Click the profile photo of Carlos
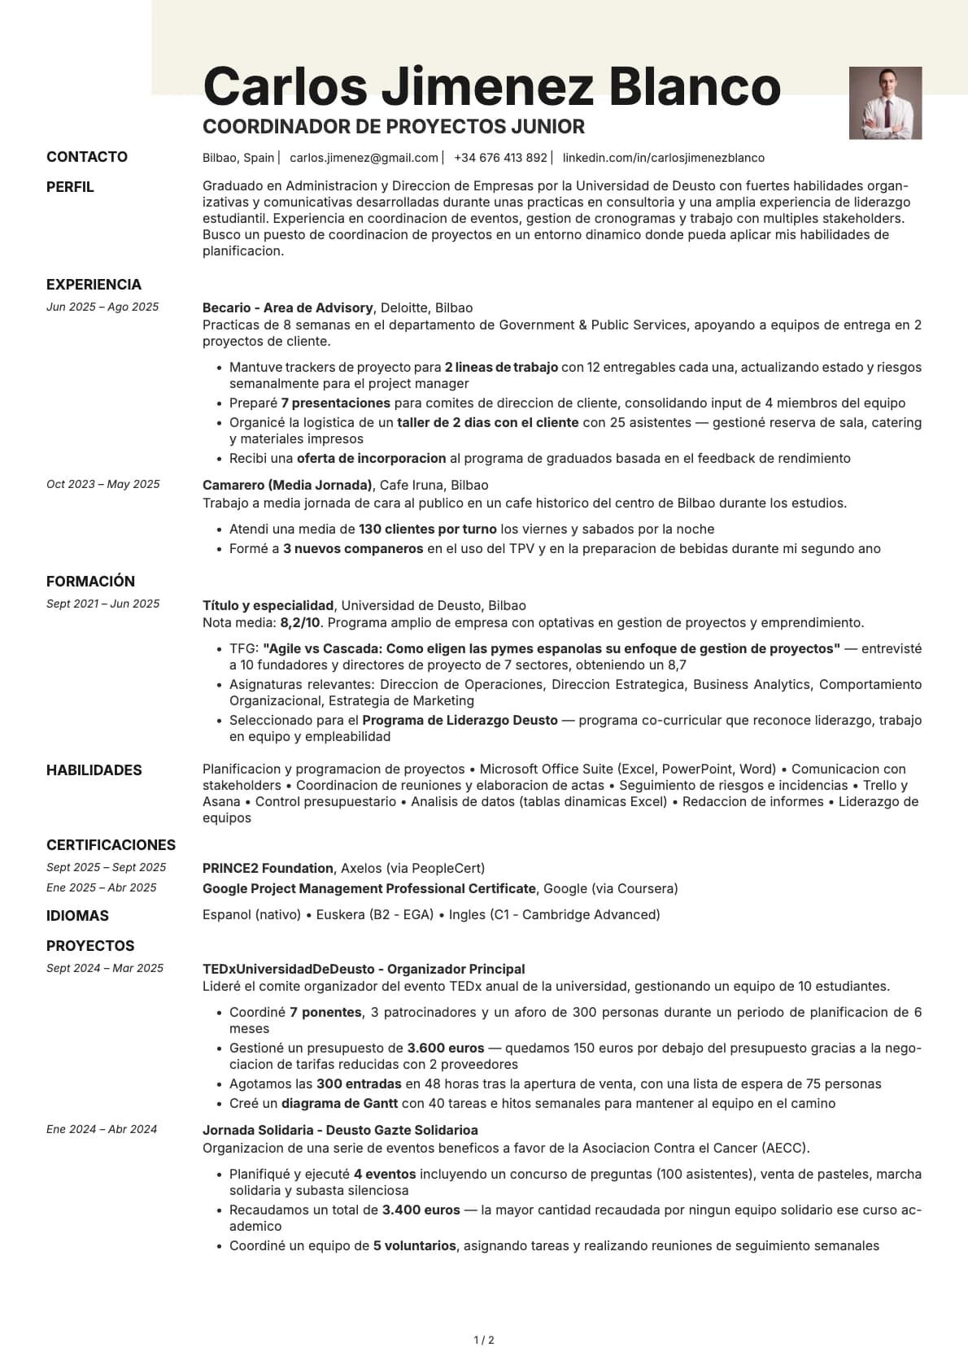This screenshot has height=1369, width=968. tap(885, 102)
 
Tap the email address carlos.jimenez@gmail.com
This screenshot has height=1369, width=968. tap(364, 158)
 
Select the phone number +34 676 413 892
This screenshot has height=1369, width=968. tap(500, 158)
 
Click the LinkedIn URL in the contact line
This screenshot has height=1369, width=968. tap(663, 158)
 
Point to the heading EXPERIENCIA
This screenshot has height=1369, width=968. tap(94, 285)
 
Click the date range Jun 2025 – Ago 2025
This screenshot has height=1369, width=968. tap(102, 307)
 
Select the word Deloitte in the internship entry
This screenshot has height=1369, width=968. tap(403, 307)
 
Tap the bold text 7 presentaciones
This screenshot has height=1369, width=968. tap(335, 403)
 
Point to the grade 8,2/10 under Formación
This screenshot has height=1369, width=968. tap(300, 622)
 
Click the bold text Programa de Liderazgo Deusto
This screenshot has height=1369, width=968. tap(460, 720)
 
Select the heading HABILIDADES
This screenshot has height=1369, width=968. tap(94, 770)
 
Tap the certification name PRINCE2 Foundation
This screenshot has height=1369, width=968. tap(268, 868)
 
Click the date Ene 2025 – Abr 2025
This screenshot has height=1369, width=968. tap(102, 887)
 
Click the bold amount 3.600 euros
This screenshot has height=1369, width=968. tap(445, 1048)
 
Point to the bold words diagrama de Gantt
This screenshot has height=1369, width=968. tap(339, 1103)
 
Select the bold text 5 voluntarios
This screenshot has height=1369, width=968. tap(414, 1245)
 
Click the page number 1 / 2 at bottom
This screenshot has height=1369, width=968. tap(484, 1340)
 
